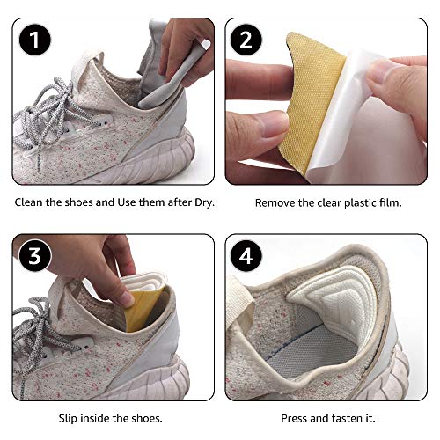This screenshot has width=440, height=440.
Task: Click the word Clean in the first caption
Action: pyautogui.click(x=31, y=202)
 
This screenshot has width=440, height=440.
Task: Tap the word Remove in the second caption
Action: pyautogui.click(x=275, y=202)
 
